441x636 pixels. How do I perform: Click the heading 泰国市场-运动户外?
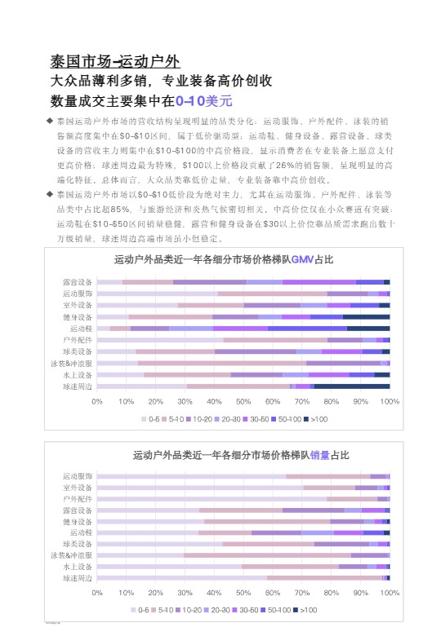tap(115, 61)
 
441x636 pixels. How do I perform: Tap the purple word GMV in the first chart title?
tap(302, 259)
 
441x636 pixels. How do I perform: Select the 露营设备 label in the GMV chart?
tap(78, 281)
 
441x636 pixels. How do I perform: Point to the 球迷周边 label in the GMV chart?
tap(78, 386)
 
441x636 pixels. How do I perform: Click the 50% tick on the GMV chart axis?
tap(243, 401)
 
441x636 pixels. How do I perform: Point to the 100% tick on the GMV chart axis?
tap(389, 401)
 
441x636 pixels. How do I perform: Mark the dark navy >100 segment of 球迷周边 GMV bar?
tap(352, 386)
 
